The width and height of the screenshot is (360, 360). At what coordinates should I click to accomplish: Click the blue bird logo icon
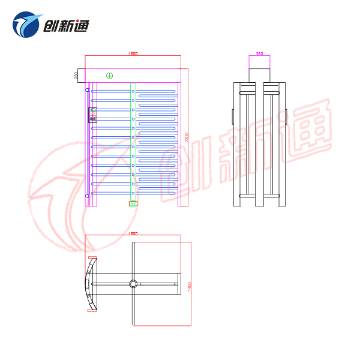point(26,25)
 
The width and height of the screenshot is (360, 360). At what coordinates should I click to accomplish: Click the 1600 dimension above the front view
point(133,53)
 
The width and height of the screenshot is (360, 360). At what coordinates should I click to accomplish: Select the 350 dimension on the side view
point(259,53)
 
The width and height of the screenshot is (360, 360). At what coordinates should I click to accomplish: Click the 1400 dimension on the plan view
point(190,286)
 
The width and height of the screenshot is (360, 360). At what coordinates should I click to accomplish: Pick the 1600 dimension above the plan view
point(133,233)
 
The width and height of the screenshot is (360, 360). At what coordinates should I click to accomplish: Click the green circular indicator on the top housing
point(109,75)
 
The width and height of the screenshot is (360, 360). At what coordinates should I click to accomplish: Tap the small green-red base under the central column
point(133,203)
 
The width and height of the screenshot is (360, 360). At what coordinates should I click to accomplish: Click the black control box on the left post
point(92,114)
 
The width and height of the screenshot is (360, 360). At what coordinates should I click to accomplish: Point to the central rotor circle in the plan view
point(133,283)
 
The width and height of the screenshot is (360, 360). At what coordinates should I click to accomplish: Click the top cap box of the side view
point(259,74)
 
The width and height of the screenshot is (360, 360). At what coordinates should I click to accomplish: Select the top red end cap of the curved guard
point(92,259)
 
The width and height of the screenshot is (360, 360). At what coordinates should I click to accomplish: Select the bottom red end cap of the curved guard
point(92,309)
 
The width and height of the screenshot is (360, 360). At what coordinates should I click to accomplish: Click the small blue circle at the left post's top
point(88,90)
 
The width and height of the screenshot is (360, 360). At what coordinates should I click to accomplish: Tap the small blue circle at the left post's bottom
point(88,195)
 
